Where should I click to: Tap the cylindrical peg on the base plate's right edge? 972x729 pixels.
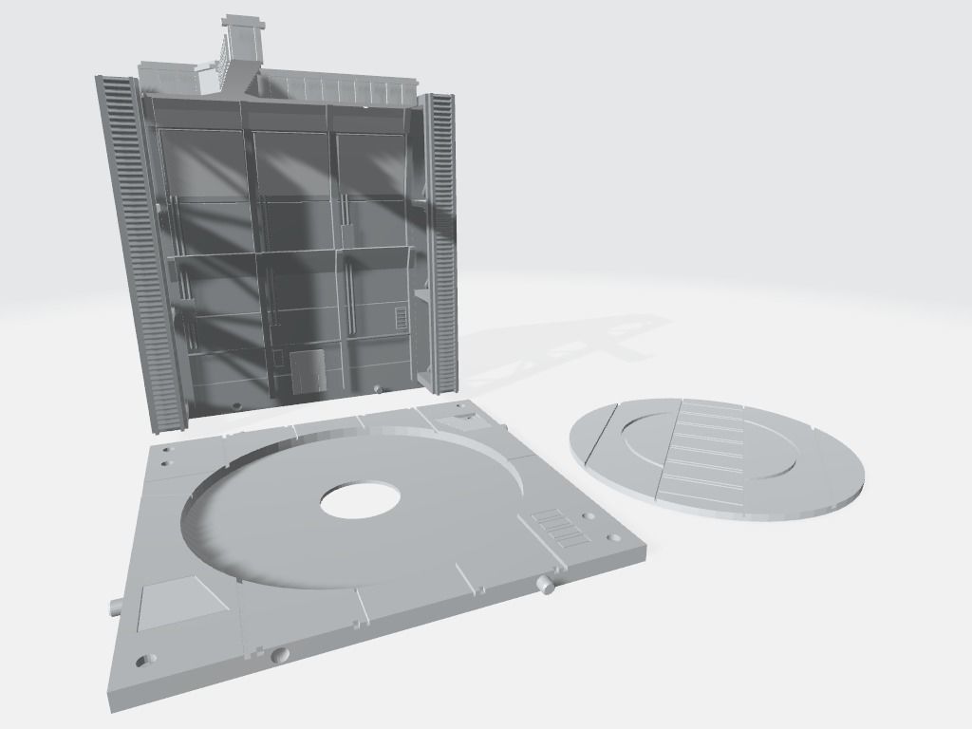545,585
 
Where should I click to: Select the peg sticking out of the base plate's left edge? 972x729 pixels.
114,606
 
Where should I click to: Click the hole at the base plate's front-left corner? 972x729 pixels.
144,659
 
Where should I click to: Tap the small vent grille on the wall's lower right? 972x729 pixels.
402,317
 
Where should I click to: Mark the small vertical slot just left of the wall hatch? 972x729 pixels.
278,358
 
